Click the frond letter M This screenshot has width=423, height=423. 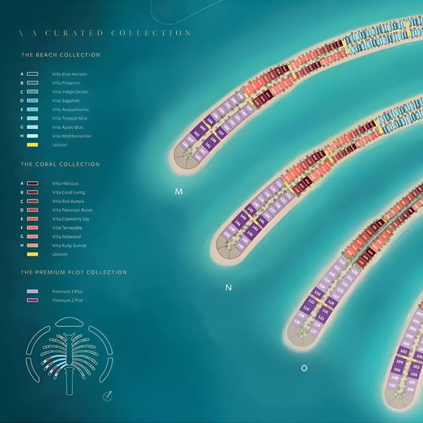coord(178,192)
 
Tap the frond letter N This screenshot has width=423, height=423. coord(229,288)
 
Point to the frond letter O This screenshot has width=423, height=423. coord(304,368)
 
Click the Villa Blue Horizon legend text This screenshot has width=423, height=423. coord(69,74)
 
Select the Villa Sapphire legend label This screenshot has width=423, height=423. coord(67,100)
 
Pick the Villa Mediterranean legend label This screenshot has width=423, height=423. coord(71,136)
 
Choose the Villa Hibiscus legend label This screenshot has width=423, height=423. coord(65,183)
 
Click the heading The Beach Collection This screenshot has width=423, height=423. coord(61,55)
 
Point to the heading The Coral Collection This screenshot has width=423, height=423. coord(60,164)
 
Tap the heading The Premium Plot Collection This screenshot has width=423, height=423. coord(74,272)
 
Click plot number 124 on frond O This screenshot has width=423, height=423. coord(306,307)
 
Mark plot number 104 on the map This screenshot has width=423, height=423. coord(399,362)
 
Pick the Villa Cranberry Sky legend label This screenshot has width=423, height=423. coord(70,219)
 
